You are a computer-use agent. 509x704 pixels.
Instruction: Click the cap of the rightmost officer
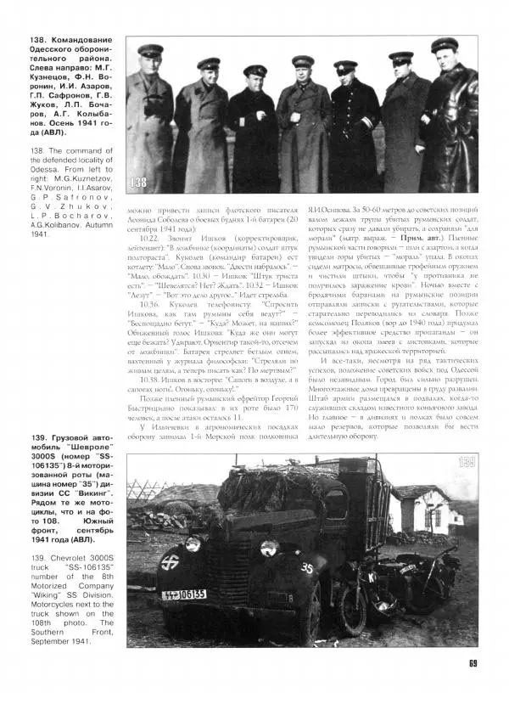tap(444, 45)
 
